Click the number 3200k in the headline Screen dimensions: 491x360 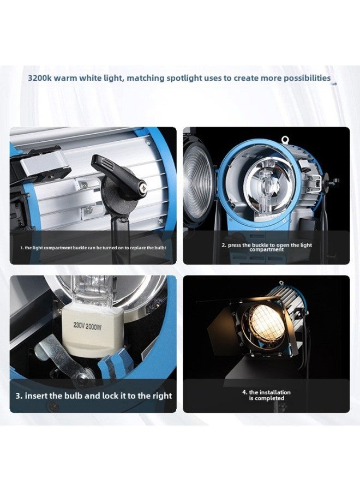41,78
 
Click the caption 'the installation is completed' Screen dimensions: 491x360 267,395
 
